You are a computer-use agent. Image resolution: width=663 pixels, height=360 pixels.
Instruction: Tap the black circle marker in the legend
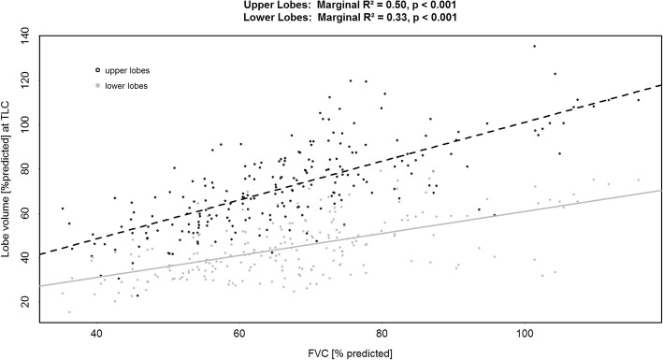pos(96,70)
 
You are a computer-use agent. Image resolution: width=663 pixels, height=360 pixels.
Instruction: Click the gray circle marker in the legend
pos(96,86)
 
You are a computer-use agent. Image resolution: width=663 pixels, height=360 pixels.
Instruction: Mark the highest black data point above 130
pos(534,46)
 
